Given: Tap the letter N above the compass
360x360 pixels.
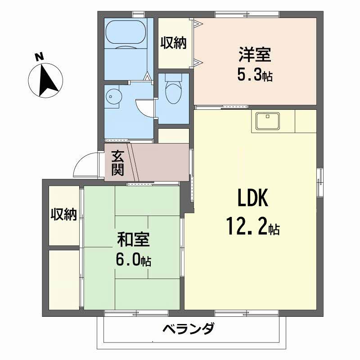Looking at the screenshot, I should click(40, 57).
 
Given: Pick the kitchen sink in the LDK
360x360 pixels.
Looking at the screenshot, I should click(268, 120).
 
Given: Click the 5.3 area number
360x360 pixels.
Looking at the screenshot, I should click(250, 75).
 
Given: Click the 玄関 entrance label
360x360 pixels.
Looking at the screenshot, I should click(118, 163).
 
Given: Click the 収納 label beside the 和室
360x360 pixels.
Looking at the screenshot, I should click(64, 215).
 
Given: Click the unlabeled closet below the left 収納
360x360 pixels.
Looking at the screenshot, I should click(64, 279).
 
